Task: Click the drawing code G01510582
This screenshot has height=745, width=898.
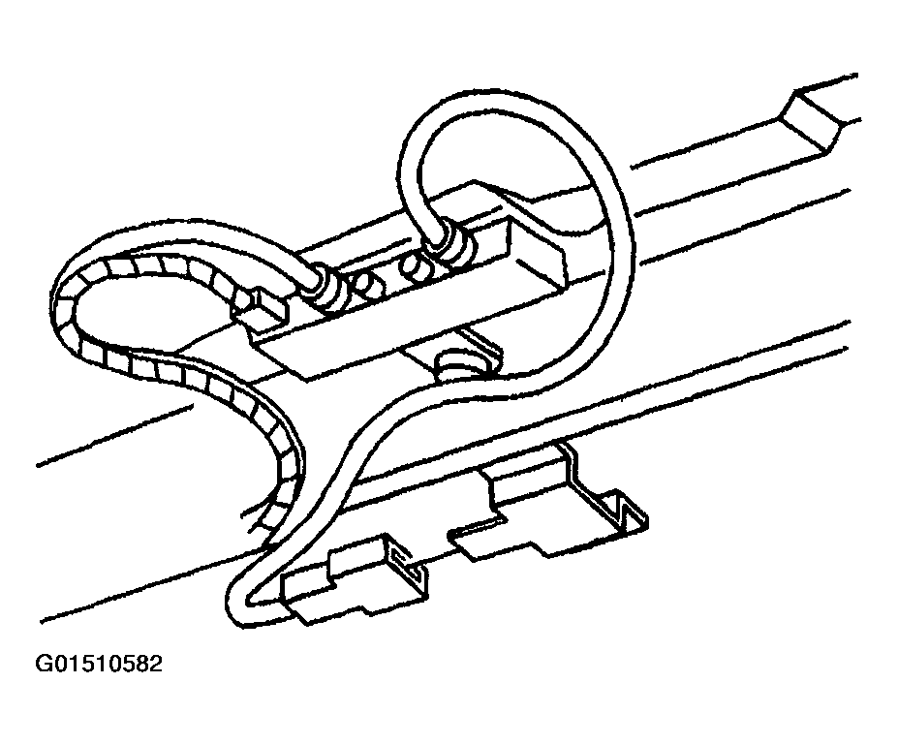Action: (x=99, y=664)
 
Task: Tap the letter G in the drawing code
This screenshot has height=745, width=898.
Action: (x=43, y=664)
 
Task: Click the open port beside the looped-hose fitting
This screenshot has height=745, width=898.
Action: (x=417, y=266)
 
